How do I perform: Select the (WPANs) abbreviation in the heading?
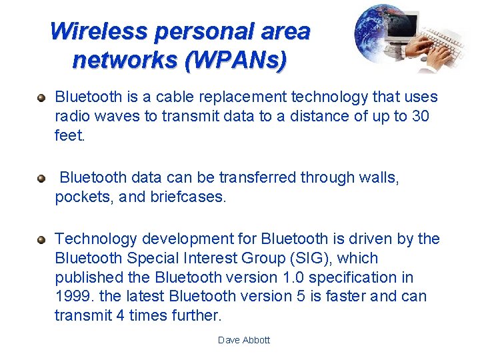237,60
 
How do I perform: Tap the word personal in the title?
198,31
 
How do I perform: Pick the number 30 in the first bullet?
420,116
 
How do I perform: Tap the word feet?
70,135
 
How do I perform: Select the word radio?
73,116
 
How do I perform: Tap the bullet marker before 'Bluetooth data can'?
41,179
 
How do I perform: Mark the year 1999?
71,296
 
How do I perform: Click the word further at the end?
196,315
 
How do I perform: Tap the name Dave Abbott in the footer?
244,340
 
